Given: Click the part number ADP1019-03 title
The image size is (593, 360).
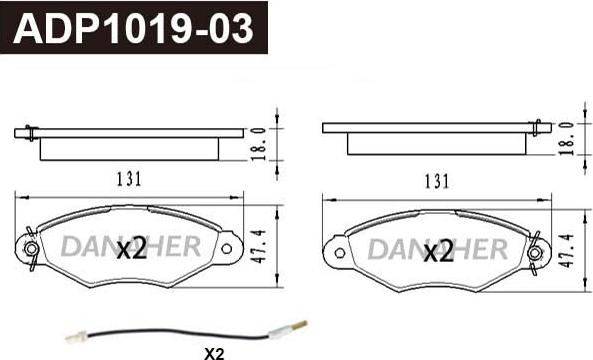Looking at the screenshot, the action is (x=133, y=28).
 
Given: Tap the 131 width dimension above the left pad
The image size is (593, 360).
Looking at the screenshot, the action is (x=129, y=179).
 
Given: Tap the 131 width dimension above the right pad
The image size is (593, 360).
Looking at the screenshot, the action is (x=436, y=182).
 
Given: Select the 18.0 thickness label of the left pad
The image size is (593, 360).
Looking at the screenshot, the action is (x=259, y=144).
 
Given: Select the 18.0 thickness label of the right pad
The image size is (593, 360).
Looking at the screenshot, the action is (x=566, y=139).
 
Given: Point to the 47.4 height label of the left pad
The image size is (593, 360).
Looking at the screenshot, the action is (x=259, y=246).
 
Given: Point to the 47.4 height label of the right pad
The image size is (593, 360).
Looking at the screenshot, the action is (x=567, y=251).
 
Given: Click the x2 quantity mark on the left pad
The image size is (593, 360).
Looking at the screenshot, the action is (x=131, y=249).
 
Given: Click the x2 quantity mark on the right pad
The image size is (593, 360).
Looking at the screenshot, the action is (x=438, y=252).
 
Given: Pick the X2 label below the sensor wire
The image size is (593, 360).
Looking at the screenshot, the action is (x=214, y=354).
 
